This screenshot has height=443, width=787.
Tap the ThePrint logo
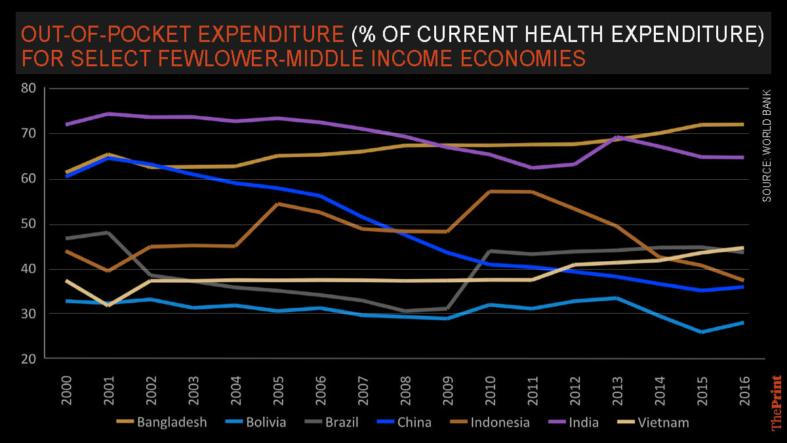point(777,402)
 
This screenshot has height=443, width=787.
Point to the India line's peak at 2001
point(108,114)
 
